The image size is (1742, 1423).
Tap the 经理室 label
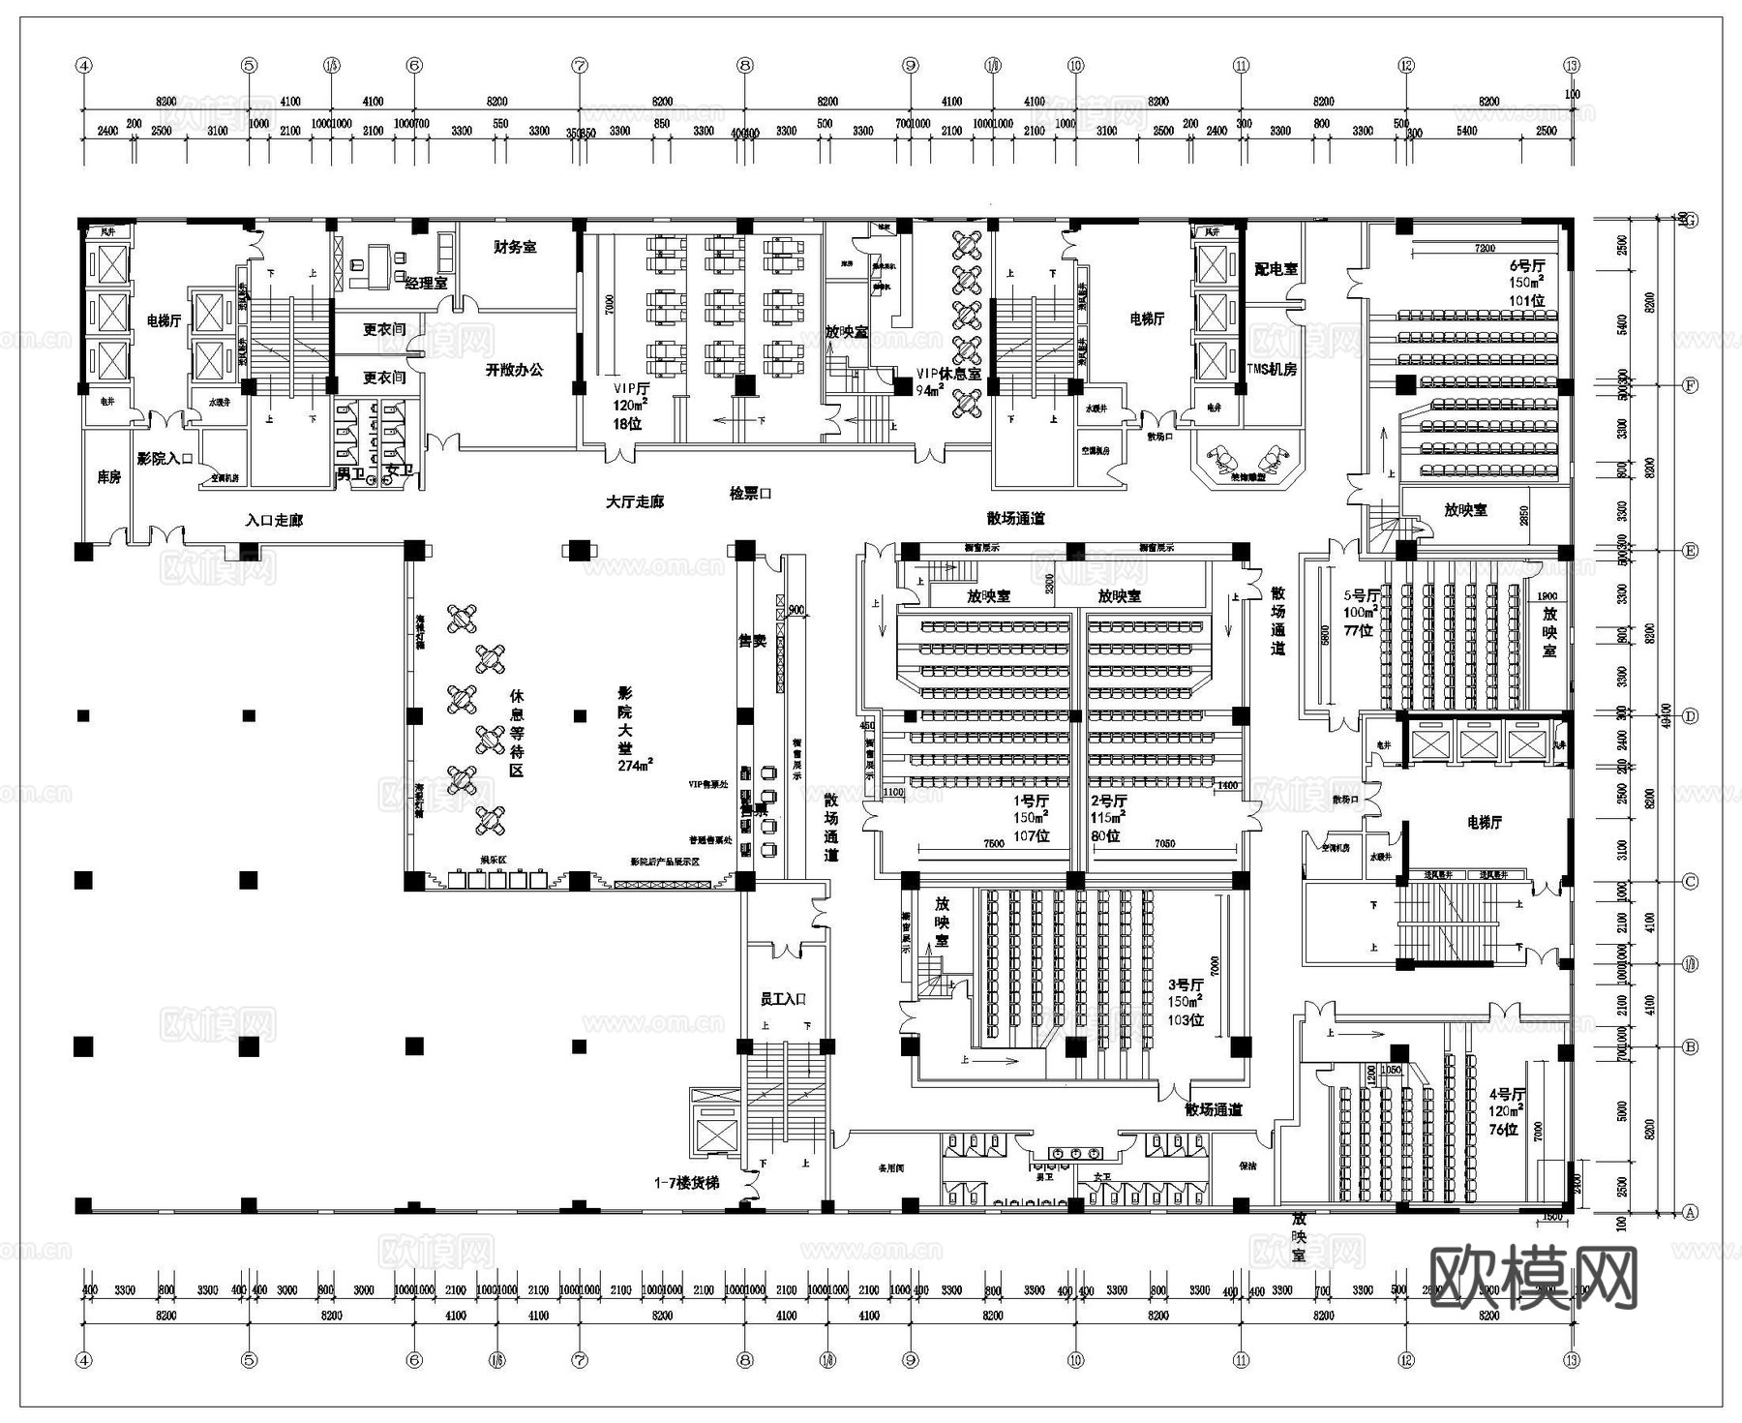(x=426, y=283)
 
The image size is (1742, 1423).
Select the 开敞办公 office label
(x=514, y=370)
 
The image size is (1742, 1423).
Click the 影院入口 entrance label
(x=165, y=459)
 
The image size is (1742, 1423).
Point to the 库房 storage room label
(x=108, y=477)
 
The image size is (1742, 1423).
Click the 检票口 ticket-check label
(x=750, y=494)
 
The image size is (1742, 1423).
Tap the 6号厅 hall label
(x=1527, y=265)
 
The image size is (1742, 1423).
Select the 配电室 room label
(x=1276, y=269)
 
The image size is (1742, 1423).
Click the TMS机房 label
(x=1271, y=370)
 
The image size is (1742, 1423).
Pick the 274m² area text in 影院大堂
(x=636, y=765)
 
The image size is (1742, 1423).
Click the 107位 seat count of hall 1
(x=1031, y=835)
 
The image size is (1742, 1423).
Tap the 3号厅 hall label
(x=1185, y=984)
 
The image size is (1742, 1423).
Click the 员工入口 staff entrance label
(x=783, y=999)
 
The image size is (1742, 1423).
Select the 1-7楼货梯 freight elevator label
(x=686, y=1183)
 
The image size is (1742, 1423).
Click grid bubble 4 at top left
(x=84, y=66)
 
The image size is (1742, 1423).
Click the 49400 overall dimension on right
(x=1665, y=716)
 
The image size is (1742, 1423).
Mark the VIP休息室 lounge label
(x=948, y=374)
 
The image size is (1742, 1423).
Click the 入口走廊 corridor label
(x=274, y=521)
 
